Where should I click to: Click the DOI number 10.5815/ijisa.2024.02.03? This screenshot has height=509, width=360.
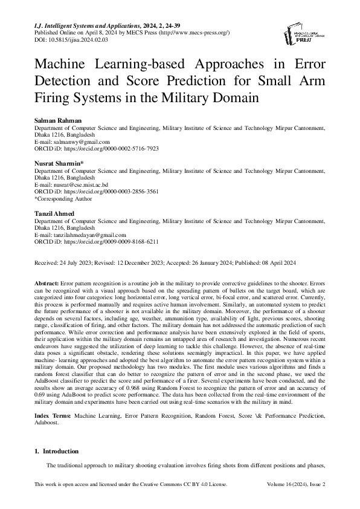[x=73, y=39]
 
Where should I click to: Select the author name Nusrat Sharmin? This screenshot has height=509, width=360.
[x=56, y=163]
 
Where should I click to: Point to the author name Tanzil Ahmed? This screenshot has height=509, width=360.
[x=54, y=214]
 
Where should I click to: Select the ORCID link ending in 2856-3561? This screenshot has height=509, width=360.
[x=106, y=190]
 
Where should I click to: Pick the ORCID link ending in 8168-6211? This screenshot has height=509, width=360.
[x=106, y=241]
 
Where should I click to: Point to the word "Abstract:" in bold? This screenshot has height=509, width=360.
[x=46, y=283]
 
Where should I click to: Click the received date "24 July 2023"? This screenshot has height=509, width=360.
[x=76, y=264]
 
